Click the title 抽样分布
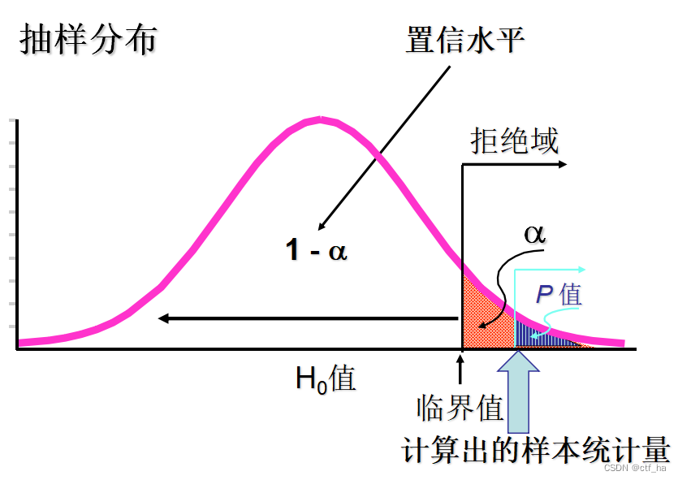pos(88,40)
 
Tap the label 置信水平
pos(464,40)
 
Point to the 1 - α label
pos(316,250)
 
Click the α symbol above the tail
pos(534,233)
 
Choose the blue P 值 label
pos(559,294)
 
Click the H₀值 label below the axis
pos(325,378)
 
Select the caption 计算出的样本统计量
pos(536,449)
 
